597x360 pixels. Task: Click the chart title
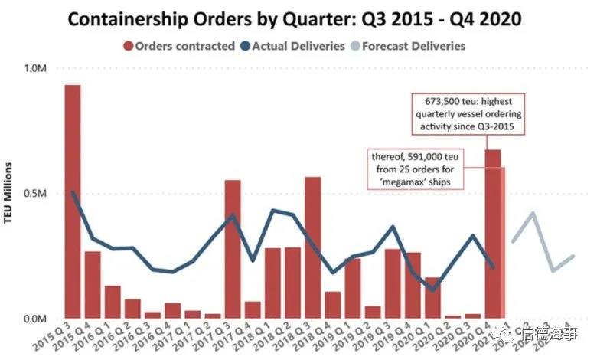pyautogui.click(x=298, y=18)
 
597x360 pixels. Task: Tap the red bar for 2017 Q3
pyautogui.click(x=233, y=249)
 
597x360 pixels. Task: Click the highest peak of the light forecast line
pyautogui.click(x=533, y=213)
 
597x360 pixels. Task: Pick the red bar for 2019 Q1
pyautogui.click(x=352, y=288)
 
